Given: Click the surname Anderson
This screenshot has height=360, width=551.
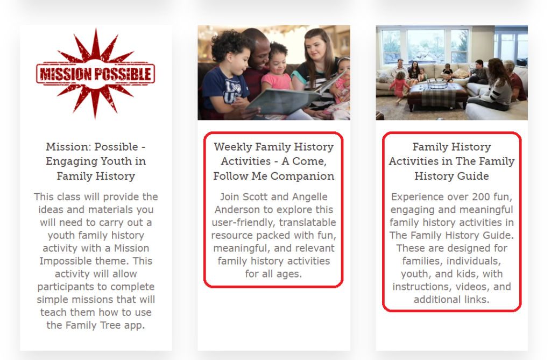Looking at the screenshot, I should [240, 210].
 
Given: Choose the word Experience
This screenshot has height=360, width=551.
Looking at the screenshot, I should [418, 197].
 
